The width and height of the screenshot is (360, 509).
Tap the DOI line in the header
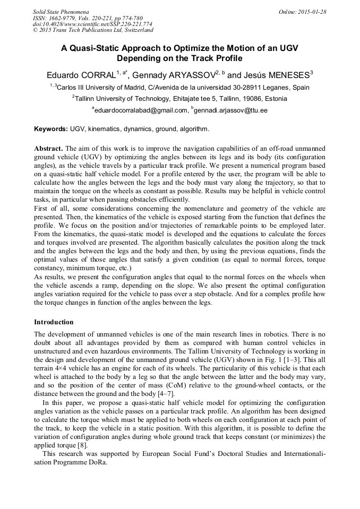(92, 24)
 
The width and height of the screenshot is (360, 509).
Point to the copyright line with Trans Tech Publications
(93, 30)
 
